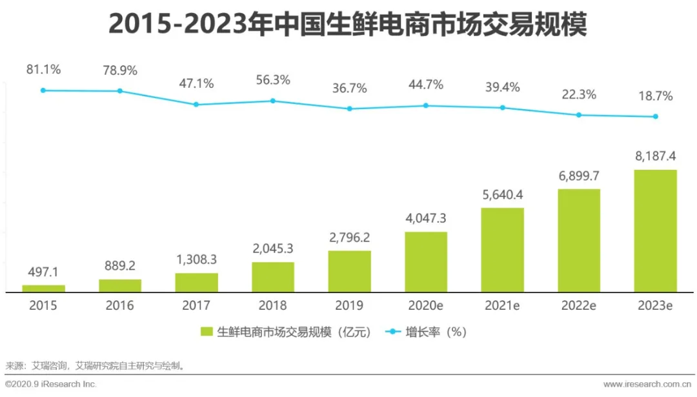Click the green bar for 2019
(349, 271)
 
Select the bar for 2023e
(655, 230)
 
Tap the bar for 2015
(43, 289)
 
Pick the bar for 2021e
(502, 250)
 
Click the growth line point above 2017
(196, 105)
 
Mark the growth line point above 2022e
(579, 115)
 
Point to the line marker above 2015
(43, 90)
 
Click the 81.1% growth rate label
(43, 68)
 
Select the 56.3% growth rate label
(272, 80)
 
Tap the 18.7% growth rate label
(655, 96)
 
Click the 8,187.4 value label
(655, 156)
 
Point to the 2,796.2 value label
(349, 236)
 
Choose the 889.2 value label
(120, 265)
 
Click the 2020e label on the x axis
(426, 305)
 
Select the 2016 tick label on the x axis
(120, 305)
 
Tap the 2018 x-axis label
(272, 305)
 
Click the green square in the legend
(207, 332)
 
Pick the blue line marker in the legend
(393, 332)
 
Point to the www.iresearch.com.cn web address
(648, 384)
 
